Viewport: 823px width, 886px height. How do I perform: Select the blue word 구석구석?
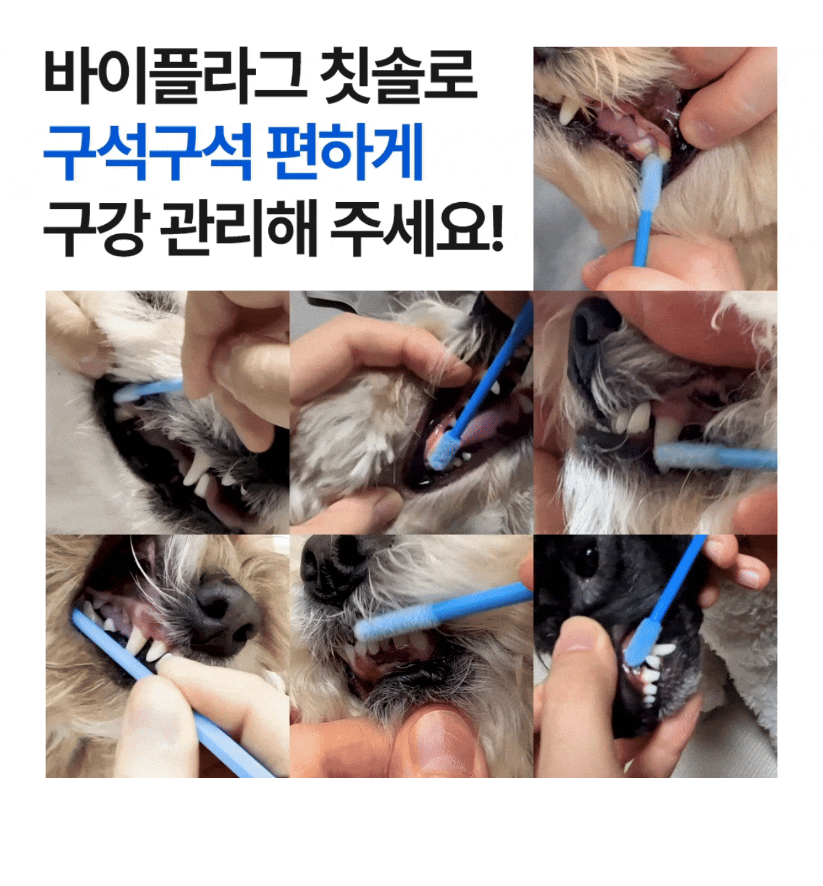(147, 151)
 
